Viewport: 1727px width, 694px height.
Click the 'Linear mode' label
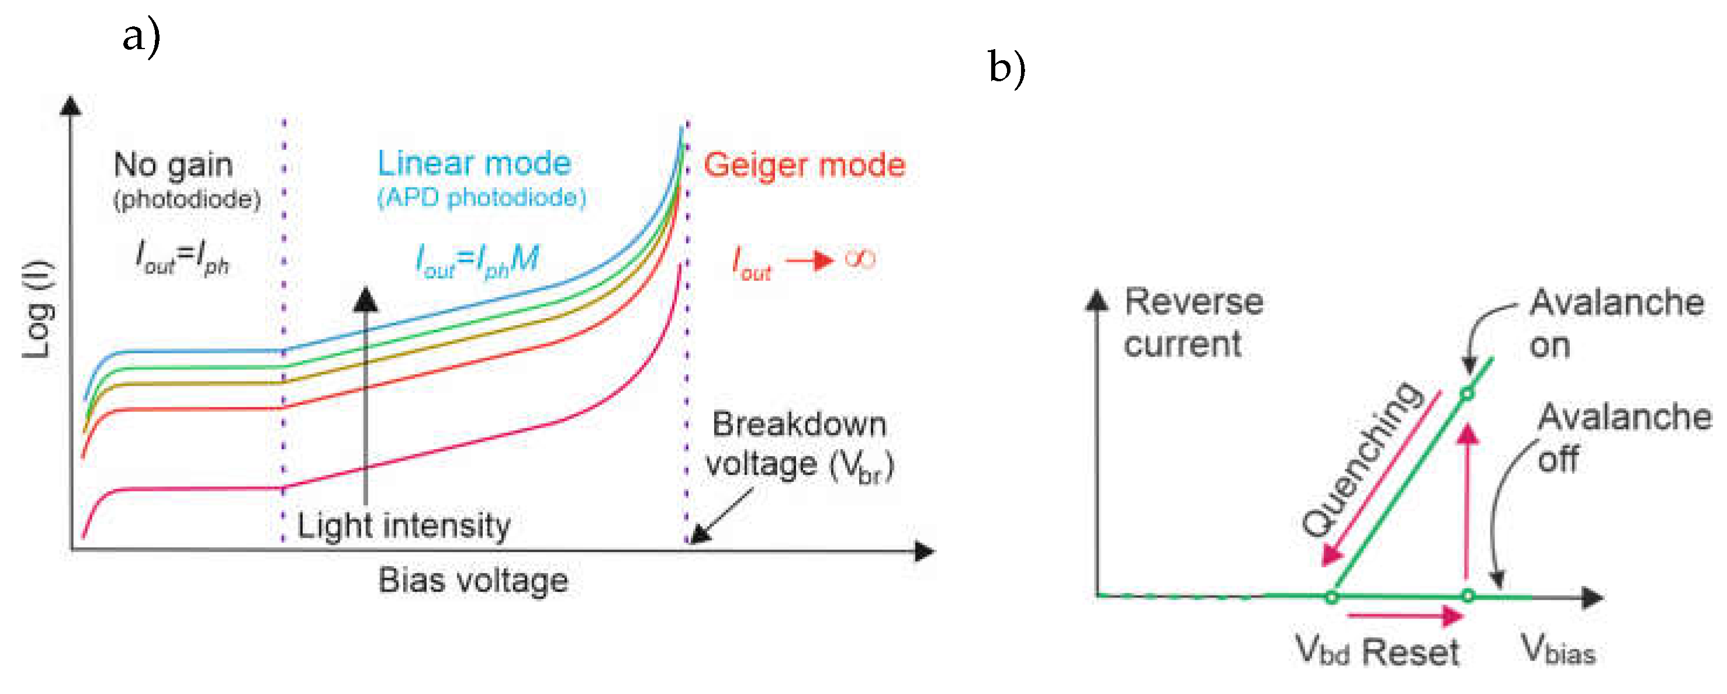tap(474, 163)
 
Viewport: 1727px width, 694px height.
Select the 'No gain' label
tap(174, 165)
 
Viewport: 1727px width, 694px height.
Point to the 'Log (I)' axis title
tap(38, 309)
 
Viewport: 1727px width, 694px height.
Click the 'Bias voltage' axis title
tap(473, 580)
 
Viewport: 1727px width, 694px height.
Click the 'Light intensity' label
tap(404, 526)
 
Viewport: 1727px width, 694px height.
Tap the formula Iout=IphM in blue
tap(477, 261)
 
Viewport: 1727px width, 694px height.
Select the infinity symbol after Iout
tap(860, 259)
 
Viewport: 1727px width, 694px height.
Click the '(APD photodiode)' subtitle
tap(482, 198)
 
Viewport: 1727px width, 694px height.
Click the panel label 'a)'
tap(141, 37)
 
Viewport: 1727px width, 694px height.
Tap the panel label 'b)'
tap(1008, 69)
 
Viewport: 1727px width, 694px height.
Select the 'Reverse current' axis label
tap(1194, 323)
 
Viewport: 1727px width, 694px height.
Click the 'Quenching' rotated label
tap(1362, 460)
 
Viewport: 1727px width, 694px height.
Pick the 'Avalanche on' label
tap(1617, 323)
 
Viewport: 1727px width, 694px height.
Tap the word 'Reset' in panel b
tap(1411, 652)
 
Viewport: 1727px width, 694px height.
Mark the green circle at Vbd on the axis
tap(1332, 597)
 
